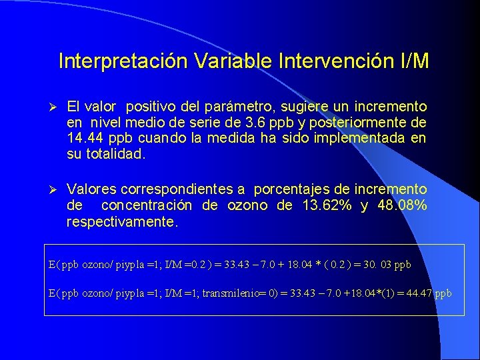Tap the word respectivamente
pos(122,221)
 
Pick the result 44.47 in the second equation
pos(419,293)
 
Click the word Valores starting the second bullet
pos(91,189)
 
